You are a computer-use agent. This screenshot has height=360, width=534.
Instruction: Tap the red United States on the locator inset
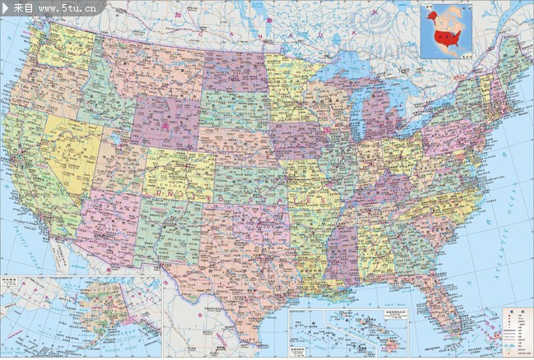pos(448,36)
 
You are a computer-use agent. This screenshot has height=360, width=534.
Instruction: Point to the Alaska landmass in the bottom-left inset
pos(103,308)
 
